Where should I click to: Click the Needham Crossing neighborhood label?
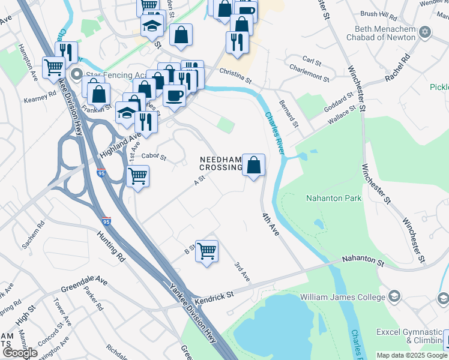coord(221,163)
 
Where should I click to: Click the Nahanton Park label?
coord(334,198)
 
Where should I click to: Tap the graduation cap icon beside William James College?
coord(394,296)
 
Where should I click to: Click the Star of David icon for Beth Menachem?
coord(425,31)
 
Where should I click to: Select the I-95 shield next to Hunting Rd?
coord(106,221)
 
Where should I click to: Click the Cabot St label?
coord(153,157)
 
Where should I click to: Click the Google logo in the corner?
coord(19,352)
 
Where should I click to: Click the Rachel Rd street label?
coord(397,68)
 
